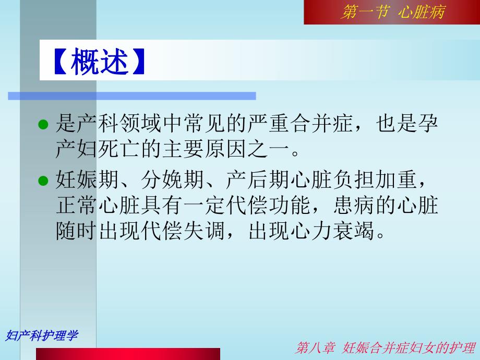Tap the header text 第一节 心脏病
pyautogui.click(x=392, y=12)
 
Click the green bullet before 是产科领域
pyautogui.click(x=44, y=125)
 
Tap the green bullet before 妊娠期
pyautogui.click(x=44, y=181)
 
